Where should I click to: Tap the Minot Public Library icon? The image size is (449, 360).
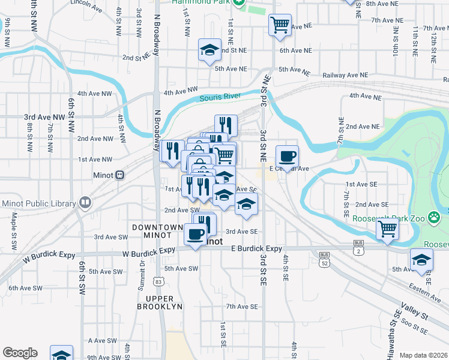click(85, 203)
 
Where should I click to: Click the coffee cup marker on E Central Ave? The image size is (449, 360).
click(287, 156)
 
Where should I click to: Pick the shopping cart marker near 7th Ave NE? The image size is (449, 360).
click(280, 25)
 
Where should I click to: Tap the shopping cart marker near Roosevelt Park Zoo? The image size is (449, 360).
click(388, 229)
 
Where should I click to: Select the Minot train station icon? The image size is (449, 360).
click(120, 175)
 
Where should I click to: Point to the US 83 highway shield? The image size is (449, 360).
click(158, 281)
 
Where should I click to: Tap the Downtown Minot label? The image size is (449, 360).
click(157, 232)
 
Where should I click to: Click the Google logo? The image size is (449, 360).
click(20, 353)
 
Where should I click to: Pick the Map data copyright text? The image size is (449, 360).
click(423, 355)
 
